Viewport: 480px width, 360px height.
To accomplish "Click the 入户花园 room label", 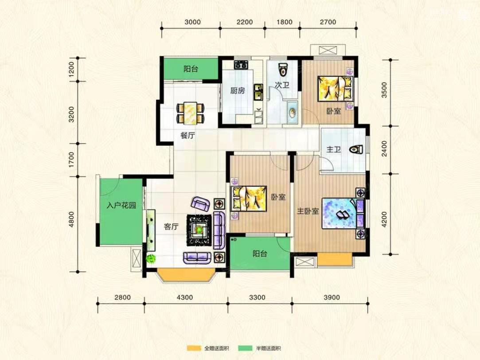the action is [121, 205].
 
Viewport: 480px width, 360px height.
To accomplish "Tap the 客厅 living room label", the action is [171, 227].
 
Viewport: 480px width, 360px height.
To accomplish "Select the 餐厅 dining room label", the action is [187, 135].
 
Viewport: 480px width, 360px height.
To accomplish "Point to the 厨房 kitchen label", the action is [238, 90].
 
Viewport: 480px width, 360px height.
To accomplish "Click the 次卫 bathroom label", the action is [282, 85].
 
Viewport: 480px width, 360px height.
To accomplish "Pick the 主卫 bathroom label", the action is [334, 149].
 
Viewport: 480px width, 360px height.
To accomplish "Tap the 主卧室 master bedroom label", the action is [308, 211].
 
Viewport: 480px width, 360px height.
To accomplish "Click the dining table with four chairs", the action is [191, 113].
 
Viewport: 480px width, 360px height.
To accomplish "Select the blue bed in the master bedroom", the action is [343, 213].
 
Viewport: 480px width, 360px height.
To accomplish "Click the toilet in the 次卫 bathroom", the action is [282, 70].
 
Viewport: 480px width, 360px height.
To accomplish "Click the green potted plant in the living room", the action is [151, 258].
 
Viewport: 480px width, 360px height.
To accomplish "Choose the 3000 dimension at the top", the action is [192, 22].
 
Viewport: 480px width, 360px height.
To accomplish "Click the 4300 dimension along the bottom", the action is [185, 297].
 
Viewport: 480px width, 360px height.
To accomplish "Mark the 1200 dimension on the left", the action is [71, 69].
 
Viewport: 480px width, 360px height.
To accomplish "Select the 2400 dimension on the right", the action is [384, 149].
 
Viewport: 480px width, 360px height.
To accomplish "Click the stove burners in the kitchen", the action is [241, 65].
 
